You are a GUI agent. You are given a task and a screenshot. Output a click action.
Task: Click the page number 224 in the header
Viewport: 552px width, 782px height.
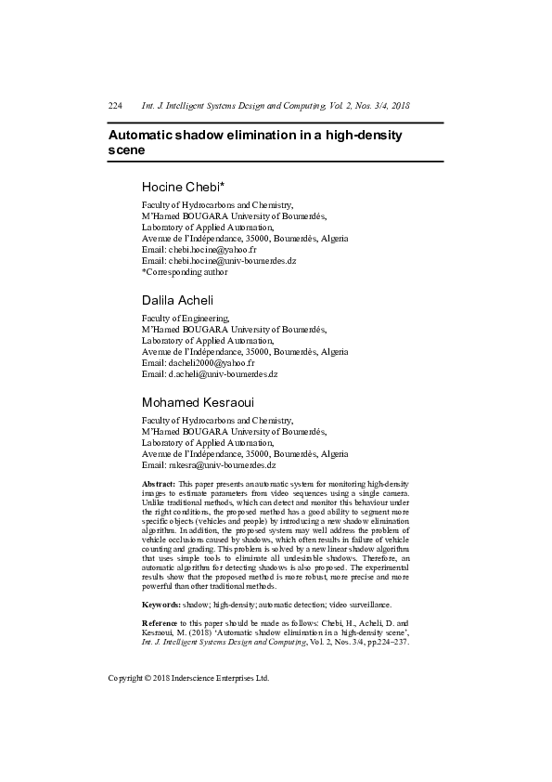(115, 106)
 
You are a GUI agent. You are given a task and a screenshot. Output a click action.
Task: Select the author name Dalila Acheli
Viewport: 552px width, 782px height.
(177, 300)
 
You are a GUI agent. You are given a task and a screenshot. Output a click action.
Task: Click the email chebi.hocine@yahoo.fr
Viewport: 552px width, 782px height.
(212, 250)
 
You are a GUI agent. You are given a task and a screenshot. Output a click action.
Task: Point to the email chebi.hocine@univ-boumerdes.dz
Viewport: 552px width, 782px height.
(232, 261)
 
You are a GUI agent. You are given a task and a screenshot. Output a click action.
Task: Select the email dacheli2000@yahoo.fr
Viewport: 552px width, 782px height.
(211, 363)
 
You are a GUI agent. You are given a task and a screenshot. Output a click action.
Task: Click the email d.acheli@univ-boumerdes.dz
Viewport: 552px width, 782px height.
(223, 374)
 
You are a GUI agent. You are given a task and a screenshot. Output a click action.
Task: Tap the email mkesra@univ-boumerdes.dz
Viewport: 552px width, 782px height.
(222, 464)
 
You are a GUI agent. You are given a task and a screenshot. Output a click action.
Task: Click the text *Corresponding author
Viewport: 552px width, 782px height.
(184, 272)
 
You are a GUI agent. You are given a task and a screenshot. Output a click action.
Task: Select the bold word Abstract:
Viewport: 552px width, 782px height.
(158, 485)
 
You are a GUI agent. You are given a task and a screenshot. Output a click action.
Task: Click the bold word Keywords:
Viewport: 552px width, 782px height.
(160, 605)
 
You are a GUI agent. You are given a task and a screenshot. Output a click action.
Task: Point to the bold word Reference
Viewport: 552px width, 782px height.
(160, 621)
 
